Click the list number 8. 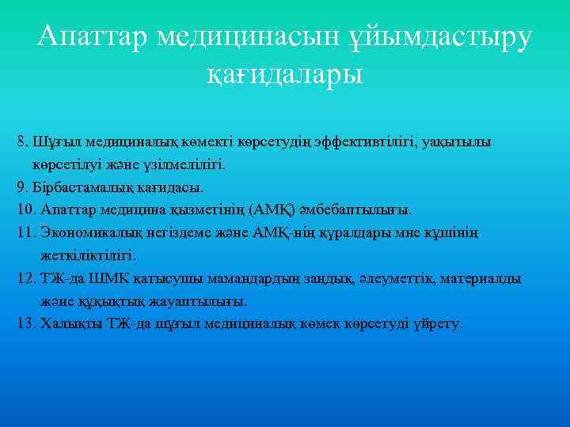(22, 143)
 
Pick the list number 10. (25, 210)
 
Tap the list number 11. (25, 233)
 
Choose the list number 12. (25, 278)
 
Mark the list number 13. (25, 323)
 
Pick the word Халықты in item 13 (63, 323)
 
